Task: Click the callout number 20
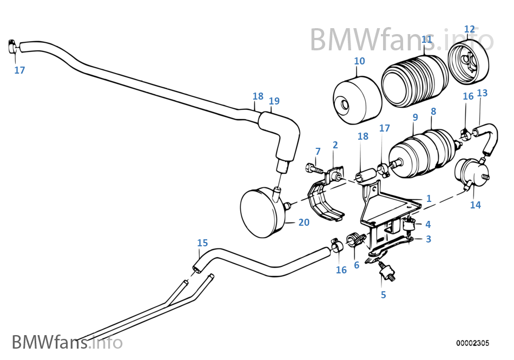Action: tap(304, 222)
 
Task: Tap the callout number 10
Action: tap(359, 61)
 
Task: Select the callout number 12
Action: tap(469, 29)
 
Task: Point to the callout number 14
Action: tap(475, 205)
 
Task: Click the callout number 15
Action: tap(202, 243)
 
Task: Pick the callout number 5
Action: tap(383, 294)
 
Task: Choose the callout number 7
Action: tap(318, 151)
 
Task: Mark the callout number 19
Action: tap(274, 101)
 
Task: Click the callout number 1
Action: tap(429, 199)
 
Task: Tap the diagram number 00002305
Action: tap(472, 343)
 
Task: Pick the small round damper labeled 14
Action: tap(470, 172)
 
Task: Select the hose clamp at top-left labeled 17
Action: tap(13, 48)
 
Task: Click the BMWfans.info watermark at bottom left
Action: tap(67, 342)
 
